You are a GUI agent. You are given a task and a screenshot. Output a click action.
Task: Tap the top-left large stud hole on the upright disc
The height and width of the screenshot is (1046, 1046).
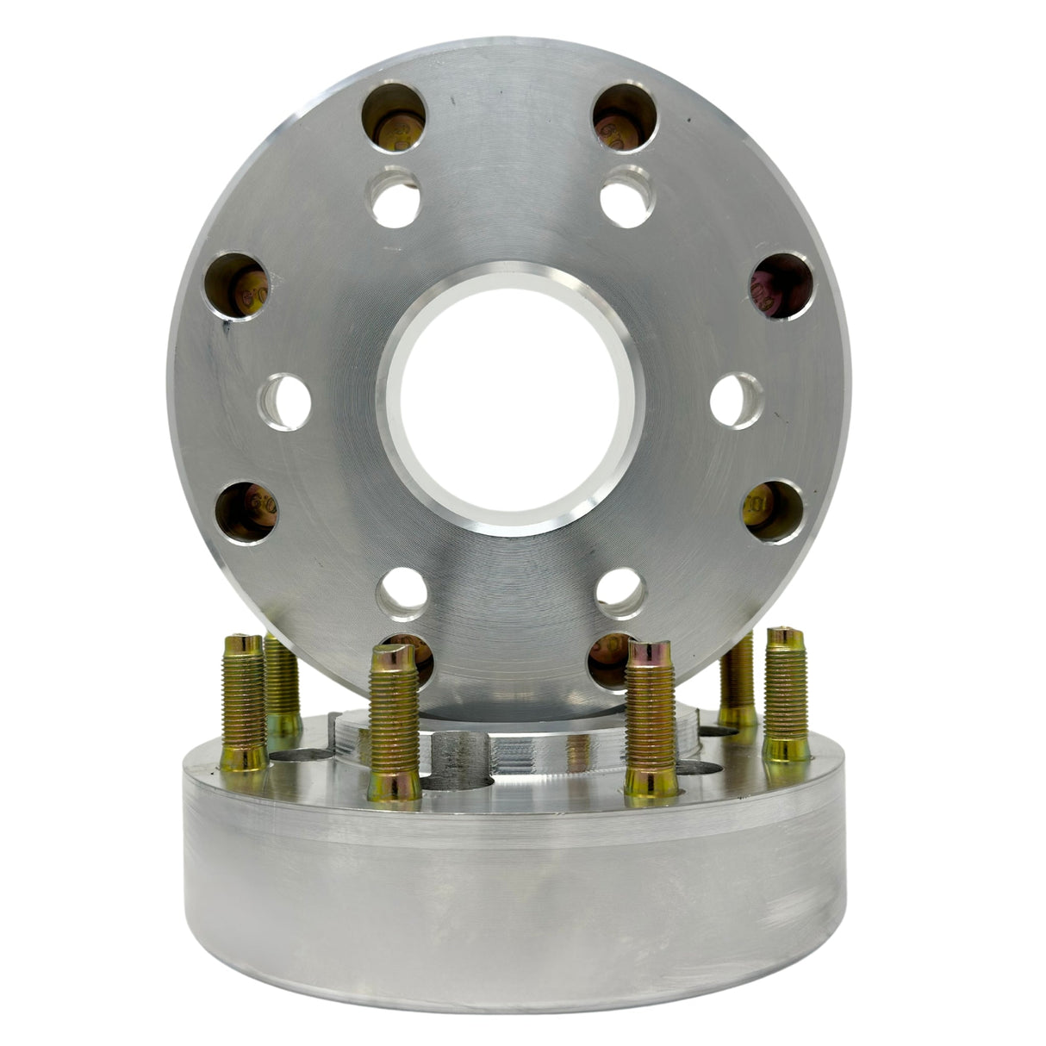394,117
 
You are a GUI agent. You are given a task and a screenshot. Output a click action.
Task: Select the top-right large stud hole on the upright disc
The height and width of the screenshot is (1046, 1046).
626,118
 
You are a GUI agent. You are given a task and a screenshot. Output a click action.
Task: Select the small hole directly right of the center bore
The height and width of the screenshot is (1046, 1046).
738,402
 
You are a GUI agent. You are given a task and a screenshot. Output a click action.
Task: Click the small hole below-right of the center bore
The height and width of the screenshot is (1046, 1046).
621,594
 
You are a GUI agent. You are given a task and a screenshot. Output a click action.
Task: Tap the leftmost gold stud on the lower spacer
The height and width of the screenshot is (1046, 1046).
243,702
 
